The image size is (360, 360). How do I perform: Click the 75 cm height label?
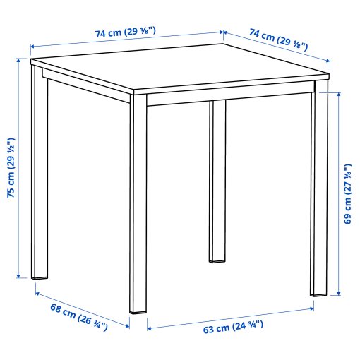point(11,168)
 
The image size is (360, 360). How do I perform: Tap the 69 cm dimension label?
point(347,193)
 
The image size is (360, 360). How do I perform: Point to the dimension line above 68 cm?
point(81,303)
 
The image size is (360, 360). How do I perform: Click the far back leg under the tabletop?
point(217,184)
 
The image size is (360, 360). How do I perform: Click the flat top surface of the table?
point(176,71)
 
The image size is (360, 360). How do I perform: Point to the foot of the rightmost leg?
point(318,290)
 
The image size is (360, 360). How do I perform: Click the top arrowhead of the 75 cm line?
point(18,61)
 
